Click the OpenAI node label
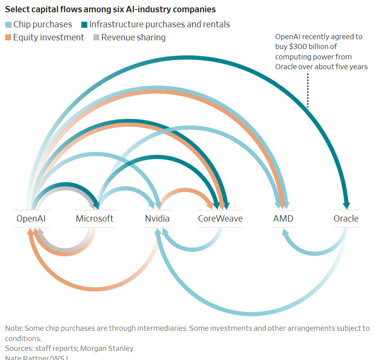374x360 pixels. click(34, 218)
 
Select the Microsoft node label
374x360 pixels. click(94, 218)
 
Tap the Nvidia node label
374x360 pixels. click(157, 218)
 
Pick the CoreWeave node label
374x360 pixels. click(220, 218)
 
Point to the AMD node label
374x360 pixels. click(283, 218)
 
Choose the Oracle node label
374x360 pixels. click(346, 218)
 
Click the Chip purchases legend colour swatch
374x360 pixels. click(8, 25)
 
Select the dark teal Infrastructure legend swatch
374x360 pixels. click(84, 25)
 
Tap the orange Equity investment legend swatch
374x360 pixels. click(8, 38)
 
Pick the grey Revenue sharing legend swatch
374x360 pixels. click(96, 38)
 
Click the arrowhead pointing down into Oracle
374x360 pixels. click(346, 205)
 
